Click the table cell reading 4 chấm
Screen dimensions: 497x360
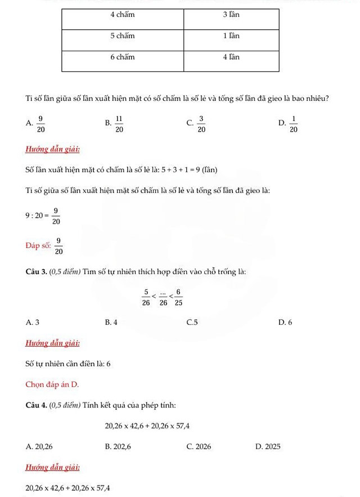(123, 15)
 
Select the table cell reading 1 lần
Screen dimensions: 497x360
(231, 35)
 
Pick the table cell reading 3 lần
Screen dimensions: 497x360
(231, 15)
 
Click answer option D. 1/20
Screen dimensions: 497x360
(288, 124)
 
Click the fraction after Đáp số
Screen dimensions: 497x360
(58, 245)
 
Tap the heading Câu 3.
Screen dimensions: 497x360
(37, 272)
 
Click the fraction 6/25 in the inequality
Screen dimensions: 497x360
(178, 297)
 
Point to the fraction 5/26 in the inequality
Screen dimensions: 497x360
(146, 297)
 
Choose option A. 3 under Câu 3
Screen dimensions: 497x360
(33, 323)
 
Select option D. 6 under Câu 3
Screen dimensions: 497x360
(285, 323)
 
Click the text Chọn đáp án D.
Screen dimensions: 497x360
(52, 384)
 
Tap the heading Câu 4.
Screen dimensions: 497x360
(37, 405)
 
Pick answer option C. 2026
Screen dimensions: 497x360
(199, 446)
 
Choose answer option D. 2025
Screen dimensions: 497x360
(268, 446)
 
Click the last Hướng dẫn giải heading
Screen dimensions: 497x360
(52, 467)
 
